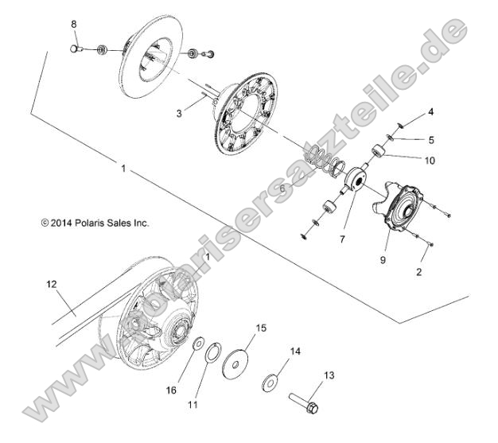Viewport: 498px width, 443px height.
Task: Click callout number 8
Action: pyautogui.click(x=74, y=25)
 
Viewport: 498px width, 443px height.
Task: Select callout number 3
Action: pyautogui.click(x=179, y=114)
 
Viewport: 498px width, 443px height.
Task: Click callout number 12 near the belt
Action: pyautogui.click(x=53, y=283)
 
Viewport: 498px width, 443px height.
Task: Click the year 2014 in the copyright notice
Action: pyautogui.click(x=62, y=223)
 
